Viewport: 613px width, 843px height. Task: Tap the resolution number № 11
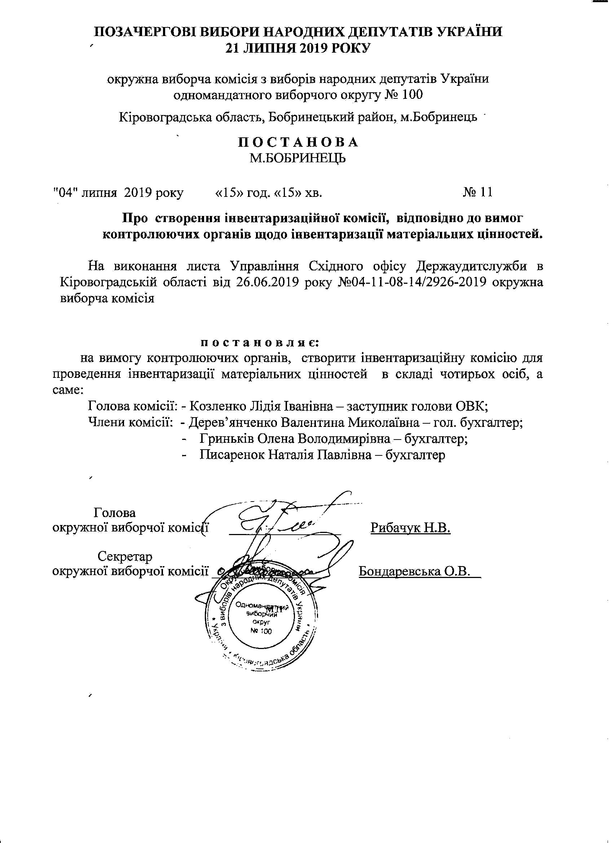[478, 192]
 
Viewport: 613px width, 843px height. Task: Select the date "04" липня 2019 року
[118, 193]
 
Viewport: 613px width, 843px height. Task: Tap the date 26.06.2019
[268, 282]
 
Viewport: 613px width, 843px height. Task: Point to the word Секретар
[125, 556]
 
